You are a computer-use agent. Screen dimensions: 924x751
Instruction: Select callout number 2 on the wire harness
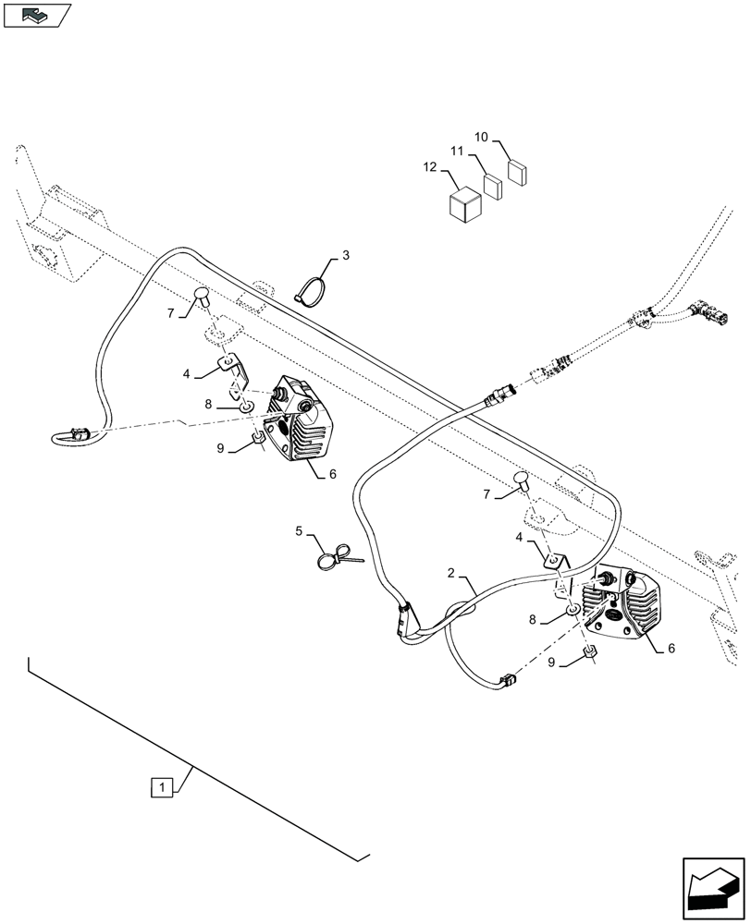(450, 574)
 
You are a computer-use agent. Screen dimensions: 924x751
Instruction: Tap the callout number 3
(346, 254)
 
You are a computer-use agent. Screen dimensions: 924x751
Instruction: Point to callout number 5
(300, 531)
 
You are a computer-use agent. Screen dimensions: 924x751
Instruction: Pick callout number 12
(429, 166)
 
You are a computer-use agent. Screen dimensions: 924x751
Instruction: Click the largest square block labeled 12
(464, 205)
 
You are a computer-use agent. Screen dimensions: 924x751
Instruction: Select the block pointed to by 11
(493, 188)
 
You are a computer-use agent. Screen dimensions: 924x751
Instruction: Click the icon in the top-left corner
(36, 15)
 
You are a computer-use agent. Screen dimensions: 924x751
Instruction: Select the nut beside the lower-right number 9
(588, 658)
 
